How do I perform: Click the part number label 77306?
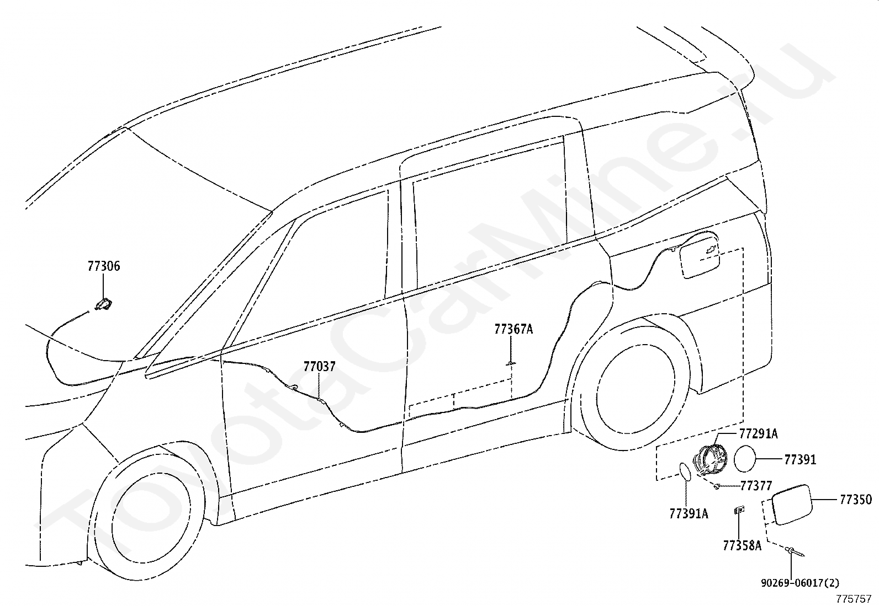click(104, 266)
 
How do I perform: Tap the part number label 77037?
click(320, 367)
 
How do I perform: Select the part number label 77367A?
click(513, 329)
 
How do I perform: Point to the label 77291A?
click(759, 434)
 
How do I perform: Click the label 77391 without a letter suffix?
click(801, 459)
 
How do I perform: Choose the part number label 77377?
click(756, 486)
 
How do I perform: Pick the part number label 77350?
click(856, 500)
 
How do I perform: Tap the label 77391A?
click(689, 513)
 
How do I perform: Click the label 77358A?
click(742, 545)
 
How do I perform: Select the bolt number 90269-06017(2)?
click(800, 583)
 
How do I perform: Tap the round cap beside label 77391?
click(744, 459)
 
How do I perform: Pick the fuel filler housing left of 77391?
click(710, 461)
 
